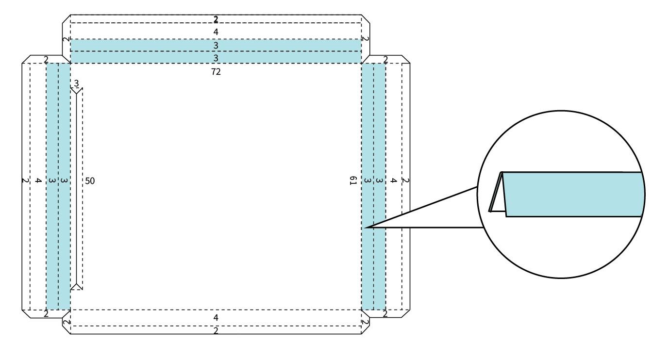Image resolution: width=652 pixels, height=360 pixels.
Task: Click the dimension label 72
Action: (x=216, y=71)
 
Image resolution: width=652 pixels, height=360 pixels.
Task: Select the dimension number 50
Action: (x=90, y=181)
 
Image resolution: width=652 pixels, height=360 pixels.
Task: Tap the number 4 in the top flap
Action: (x=216, y=32)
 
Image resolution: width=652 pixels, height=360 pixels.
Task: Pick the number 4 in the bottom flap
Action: (x=216, y=317)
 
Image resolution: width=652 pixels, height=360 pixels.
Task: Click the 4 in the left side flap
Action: (x=37, y=181)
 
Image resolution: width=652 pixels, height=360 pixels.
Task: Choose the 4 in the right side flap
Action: (x=394, y=180)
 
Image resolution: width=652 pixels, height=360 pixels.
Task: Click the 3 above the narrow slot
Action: (x=76, y=83)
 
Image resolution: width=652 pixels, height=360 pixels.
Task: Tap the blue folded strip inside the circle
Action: (x=573, y=194)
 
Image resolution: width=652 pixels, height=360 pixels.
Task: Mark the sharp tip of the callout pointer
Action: (x=367, y=227)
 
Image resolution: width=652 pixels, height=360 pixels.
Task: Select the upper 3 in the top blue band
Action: (x=216, y=45)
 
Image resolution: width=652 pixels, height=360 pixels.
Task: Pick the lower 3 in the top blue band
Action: (x=216, y=58)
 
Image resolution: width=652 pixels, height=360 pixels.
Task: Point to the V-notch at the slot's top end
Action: (x=76, y=90)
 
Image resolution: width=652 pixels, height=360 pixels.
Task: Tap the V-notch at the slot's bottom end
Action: (x=76, y=287)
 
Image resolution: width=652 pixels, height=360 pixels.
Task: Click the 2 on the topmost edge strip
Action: (x=216, y=19)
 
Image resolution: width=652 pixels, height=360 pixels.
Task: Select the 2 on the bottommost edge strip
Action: (x=216, y=330)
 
